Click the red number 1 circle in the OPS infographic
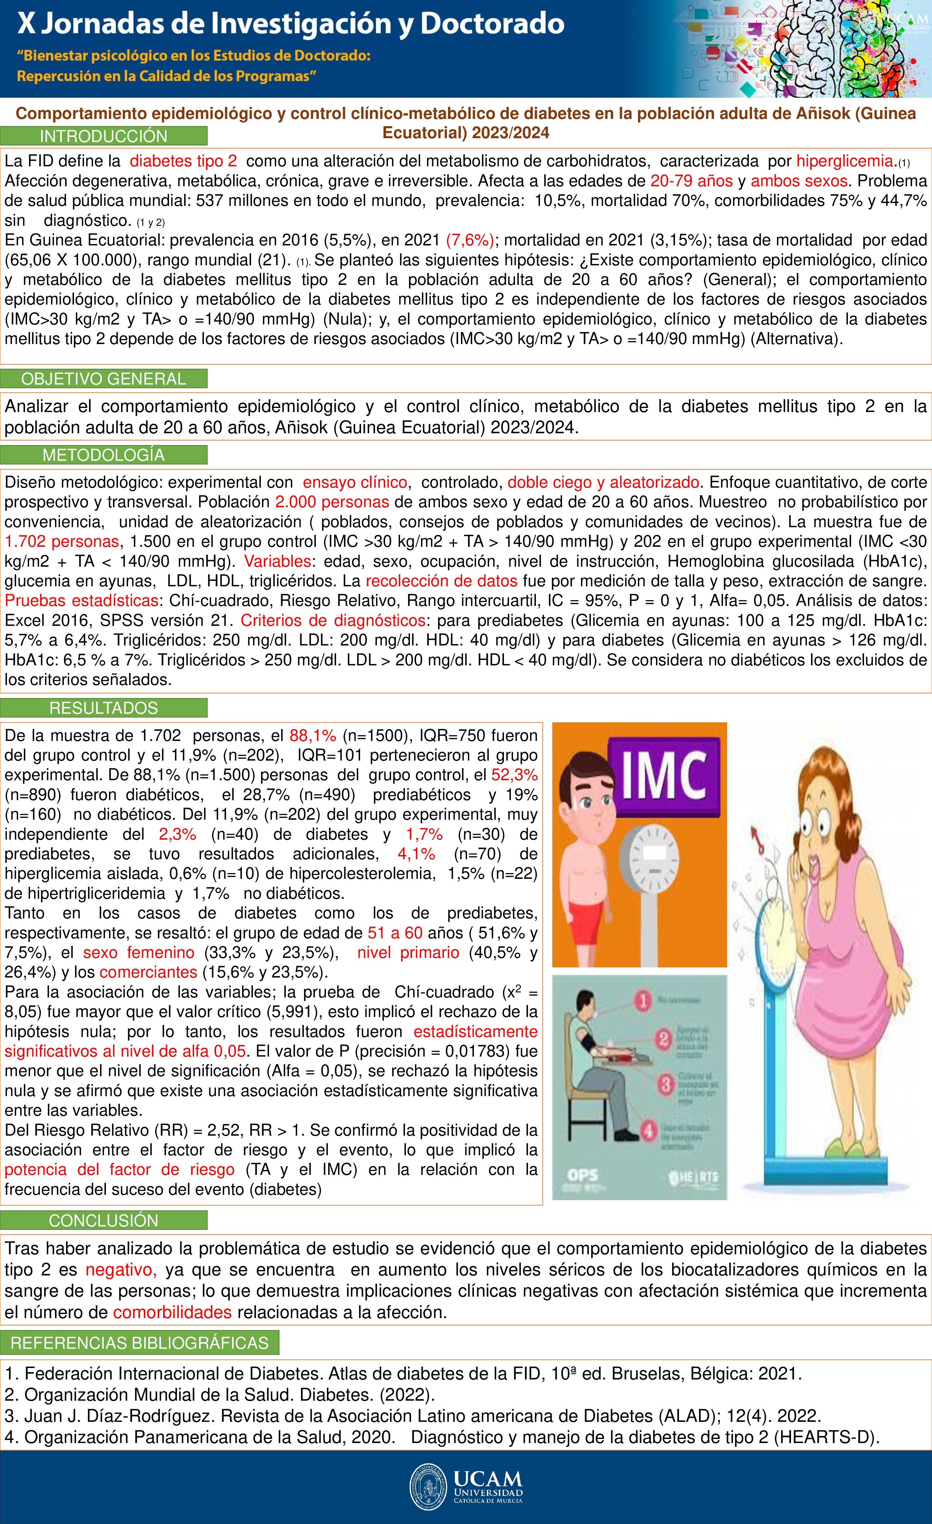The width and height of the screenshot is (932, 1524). tap(643, 1000)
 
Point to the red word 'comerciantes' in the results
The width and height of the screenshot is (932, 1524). tap(148, 972)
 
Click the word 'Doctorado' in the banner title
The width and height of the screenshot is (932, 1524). tap(492, 23)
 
